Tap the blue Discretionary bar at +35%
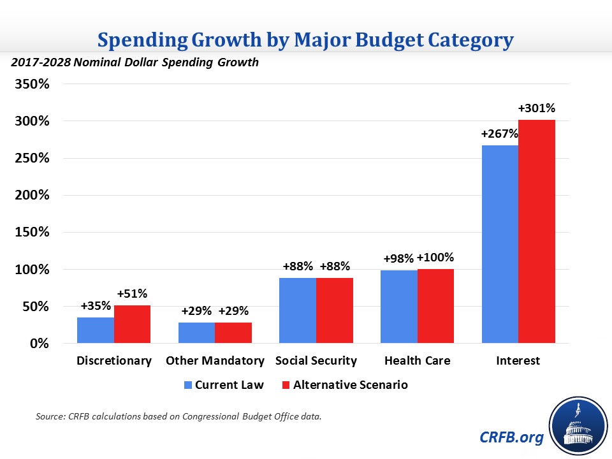point(96,330)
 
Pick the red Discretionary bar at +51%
point(132,324)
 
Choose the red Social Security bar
point(334,310)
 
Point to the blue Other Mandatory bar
point(196,333)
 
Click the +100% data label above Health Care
point(435,258)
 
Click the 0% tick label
point(40,344)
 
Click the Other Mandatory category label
point(215,361)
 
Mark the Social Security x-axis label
point(316,361)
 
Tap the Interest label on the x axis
point(518,361)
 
